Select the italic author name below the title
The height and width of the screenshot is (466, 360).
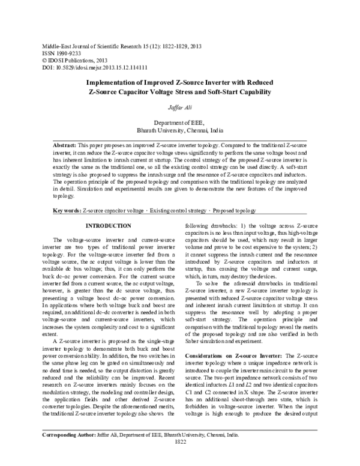pyautogui.click(x=179, y=106)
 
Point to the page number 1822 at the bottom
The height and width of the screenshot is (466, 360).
pyautogui.click(x=179, y=458)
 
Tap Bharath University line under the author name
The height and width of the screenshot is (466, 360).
pyautogui.click(x=179, y=129)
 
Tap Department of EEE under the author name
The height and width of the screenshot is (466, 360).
pyautogui.click(x=179, y=121)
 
